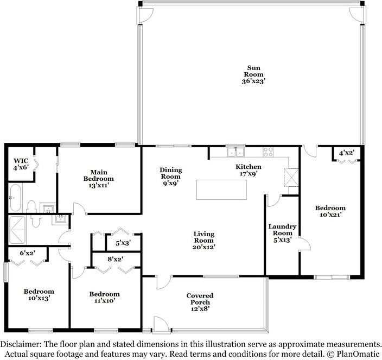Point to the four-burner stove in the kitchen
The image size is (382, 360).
click(x=268, y=152)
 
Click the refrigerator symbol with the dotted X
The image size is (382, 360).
click(x=291, y=177)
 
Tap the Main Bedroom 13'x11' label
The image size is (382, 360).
click(x=98, y=175)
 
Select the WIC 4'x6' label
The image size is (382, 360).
click(x=21, y=164)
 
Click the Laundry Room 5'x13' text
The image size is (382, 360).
click(x=282, y=233)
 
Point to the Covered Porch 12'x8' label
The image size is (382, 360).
click(x=198, y=301)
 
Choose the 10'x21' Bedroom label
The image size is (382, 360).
click(x=330, y=211)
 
